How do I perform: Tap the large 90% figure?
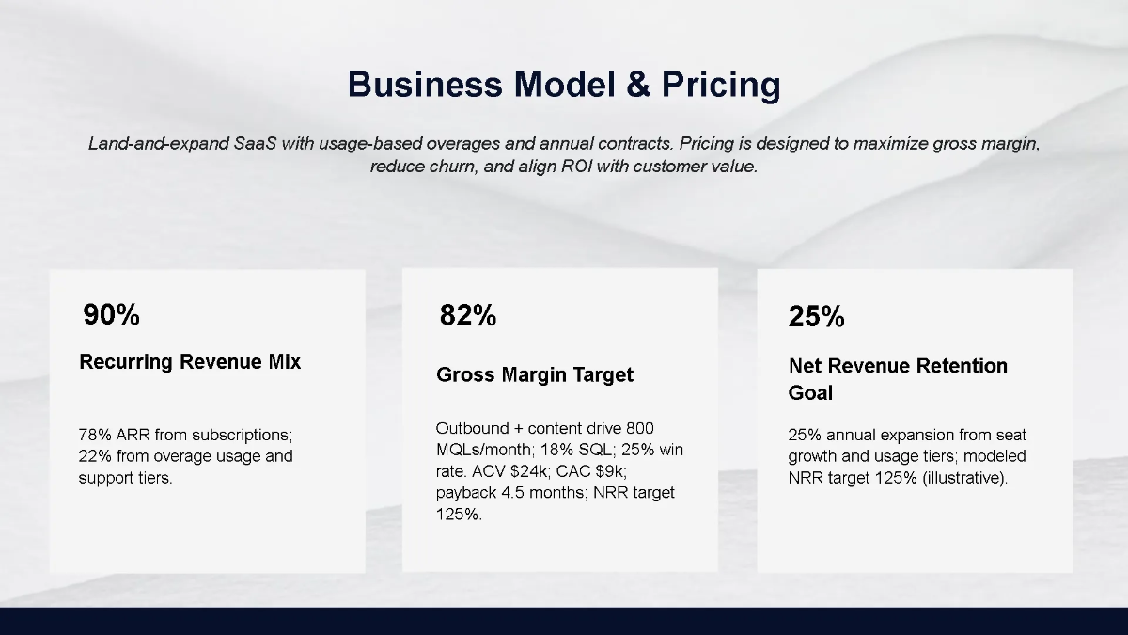pyautogui.click(x=111, y=315)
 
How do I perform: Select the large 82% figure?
pyautogui.click(x=467, y=316)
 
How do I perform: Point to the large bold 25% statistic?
pyautogui.click(x=816, y=317)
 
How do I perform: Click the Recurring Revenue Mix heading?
pyautogui.click(x=190, y=362)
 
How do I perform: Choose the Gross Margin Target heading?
pyautogui.click(x=535, y=374)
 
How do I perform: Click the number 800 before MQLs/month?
pyautogui.click(x=640, y=429)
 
